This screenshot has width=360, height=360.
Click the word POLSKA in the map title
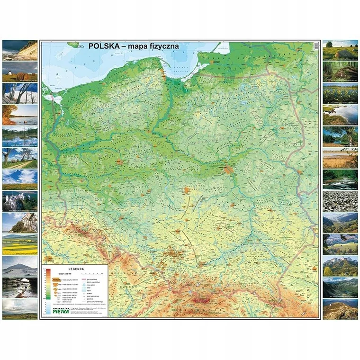(x=104, y=46)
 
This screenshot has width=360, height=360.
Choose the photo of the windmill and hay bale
(x=20, y=72)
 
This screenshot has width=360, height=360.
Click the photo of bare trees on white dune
(x=20, y=93)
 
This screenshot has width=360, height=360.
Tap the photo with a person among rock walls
(x=20, y=287)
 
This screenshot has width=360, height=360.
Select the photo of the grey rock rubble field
(x=340, y=201)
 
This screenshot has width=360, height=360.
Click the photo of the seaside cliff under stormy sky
(x=20, y=50)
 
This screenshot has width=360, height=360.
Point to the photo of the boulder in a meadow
(x=340, y=50)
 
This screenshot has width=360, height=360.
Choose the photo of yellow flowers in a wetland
(x=340, y=93)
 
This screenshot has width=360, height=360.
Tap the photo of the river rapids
(x=340, y=180)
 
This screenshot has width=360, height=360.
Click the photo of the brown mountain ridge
(x=340, y=308)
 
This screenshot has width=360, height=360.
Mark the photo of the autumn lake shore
(x=20, y=115)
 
